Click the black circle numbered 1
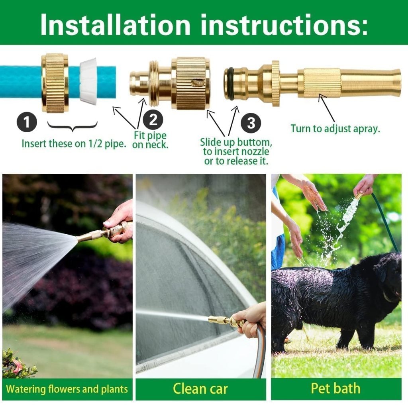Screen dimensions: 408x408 (27, 122)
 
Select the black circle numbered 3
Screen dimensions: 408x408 (251, 123)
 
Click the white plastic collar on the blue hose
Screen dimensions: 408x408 (88, 81)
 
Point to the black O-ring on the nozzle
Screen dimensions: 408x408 (229, 84)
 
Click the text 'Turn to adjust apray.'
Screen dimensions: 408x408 (335, 129)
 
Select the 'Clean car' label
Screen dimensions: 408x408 (200, 388)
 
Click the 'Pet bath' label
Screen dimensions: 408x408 (335, 388)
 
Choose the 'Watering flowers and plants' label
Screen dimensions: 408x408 (67, 389)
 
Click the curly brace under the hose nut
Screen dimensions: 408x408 (72, 127)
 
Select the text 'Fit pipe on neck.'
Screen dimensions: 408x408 (150, 140)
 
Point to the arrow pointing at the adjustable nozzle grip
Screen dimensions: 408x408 (327, 108)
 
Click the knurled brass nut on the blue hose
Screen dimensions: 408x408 (55, 83)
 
